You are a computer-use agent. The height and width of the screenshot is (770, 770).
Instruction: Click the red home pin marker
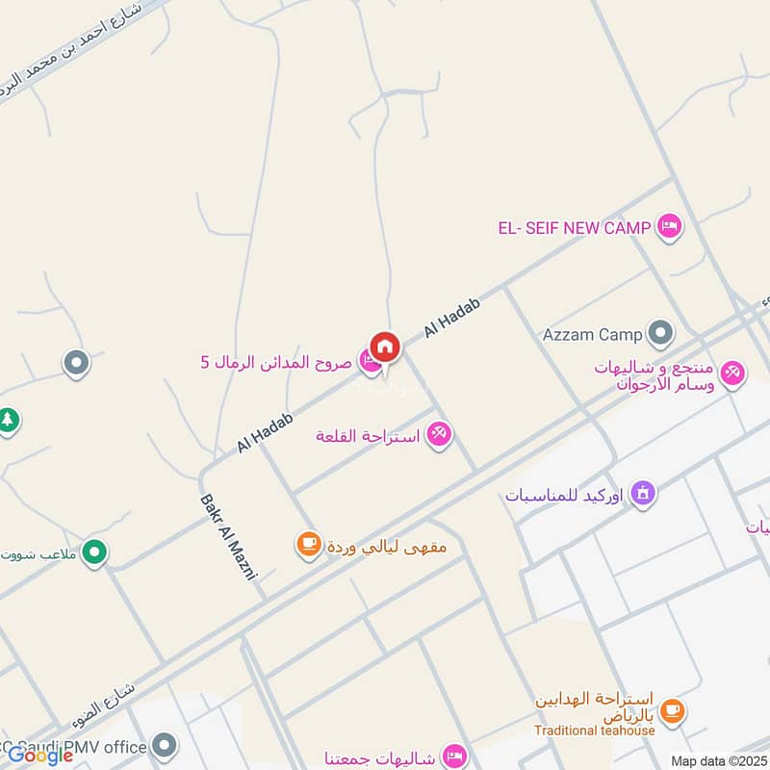pos(384,346)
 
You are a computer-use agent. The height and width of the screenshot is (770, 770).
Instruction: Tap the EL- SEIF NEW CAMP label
pos(575,228)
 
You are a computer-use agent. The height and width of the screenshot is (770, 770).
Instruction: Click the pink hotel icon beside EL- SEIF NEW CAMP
pos(670,227)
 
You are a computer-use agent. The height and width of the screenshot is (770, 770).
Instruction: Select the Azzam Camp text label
pos(592,335)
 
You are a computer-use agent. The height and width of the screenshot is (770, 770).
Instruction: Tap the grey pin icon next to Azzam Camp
pos(660,334)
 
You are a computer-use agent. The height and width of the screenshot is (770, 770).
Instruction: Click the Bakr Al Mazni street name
pos(230,537)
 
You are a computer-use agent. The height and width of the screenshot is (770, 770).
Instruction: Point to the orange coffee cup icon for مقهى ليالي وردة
pos(308,546)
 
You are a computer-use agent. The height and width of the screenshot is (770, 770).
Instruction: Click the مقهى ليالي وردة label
pos(386,547)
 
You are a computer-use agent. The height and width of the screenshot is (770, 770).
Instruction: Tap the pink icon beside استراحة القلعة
pos(439,435)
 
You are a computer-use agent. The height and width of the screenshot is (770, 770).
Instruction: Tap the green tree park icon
pos(8,421)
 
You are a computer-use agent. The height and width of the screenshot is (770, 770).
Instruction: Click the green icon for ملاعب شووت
pos(94,552)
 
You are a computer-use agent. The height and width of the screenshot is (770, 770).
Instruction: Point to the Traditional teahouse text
pos(596,731)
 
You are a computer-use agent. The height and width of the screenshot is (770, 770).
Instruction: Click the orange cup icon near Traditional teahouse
pos(673,710)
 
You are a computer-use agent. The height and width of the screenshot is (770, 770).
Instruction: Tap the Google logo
pos(40,756)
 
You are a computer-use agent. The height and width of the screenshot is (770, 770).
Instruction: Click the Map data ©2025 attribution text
pos(718,760)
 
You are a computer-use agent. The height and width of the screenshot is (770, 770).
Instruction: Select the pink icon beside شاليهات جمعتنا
pos(455,755)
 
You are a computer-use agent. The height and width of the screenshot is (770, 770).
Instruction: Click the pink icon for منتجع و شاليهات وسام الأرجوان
pos(733,372)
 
